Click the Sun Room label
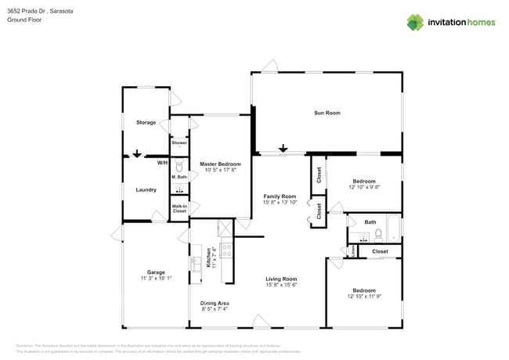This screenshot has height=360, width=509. tap(327, 113)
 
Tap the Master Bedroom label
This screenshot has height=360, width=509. tap(219, 164)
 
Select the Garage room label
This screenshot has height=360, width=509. tap(155, 272)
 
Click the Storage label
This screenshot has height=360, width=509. tap(146, 123)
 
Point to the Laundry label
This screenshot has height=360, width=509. tap(146, 189)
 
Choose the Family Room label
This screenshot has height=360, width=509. tap(280, 196)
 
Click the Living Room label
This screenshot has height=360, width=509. tap(281, 279)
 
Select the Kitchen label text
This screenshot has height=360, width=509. tap(208, 259)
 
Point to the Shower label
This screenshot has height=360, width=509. tap(179, 143)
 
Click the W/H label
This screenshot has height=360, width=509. tap(162, 163)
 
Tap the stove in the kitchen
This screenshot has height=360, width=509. tap(226, 251)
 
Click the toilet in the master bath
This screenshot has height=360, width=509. tap(179, 167)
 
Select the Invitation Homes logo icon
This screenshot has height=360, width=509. tap(414, 22)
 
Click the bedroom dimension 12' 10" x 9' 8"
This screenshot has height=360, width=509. tap(363, 187)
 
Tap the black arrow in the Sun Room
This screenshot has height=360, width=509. tap(283, 149)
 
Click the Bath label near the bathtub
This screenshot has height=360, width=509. tap(370, 222)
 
